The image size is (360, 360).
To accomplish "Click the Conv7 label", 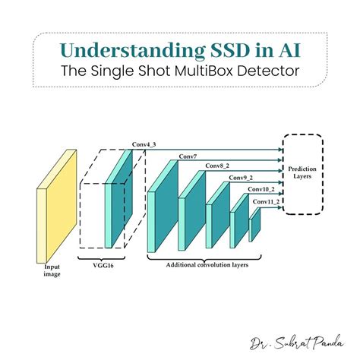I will point(188,156).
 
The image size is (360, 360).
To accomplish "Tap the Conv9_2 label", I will point(241,178).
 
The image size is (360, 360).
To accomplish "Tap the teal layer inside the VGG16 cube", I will point(118,199).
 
